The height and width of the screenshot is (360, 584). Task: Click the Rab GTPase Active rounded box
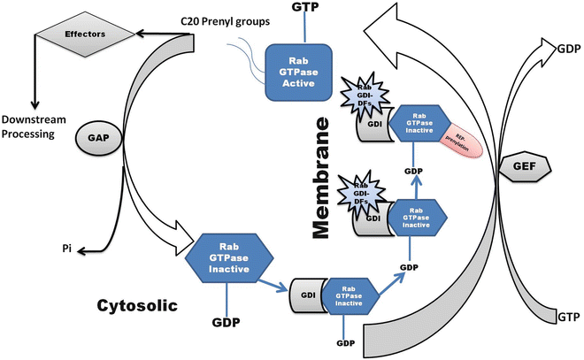[x=299, y=75]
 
